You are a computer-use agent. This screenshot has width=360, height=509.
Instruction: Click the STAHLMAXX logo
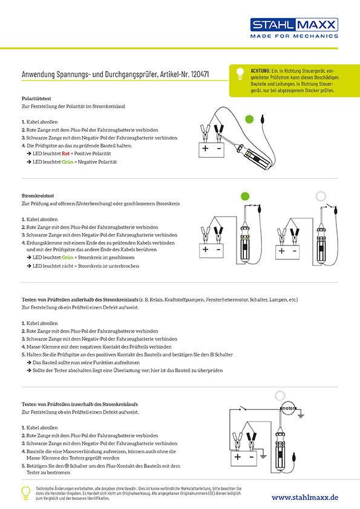(x=294, y=25)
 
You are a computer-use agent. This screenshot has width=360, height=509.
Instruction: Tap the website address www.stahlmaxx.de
(x=305, y=498)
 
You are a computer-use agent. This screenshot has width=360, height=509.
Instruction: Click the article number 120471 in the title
(x=200, y=74)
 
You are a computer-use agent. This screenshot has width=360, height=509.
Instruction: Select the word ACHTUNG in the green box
(x=260, y=71)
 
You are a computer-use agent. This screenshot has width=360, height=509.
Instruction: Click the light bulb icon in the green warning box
(x=240, y=74)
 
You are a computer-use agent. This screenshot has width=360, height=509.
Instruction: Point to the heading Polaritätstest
(x=36, y=99)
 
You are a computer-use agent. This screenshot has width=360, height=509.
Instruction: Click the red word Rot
(x=65, y=154)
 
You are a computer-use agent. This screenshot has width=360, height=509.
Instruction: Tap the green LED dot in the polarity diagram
(x=249, y=119)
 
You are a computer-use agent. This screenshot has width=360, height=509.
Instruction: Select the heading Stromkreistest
(x=38, y=196)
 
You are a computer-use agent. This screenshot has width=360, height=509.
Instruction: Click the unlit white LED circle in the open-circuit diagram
(x=321, y=196)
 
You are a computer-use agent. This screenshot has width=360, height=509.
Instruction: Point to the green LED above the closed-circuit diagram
(x=245, y=196)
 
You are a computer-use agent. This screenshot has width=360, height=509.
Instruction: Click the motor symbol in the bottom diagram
(x=288, y=409)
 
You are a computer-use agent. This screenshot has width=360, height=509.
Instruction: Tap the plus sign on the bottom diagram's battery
(x=238, y=457)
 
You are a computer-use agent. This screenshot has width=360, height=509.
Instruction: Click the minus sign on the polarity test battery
(x=218, y=148)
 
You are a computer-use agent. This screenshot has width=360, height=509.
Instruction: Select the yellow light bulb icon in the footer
(x=25, y=493)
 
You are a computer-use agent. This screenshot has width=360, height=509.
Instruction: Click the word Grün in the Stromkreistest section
(x=68, y=258)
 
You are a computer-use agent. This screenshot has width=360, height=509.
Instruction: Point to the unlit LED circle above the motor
(x=280, y=396)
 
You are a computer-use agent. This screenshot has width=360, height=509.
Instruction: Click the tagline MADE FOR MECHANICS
(x=294, y=36)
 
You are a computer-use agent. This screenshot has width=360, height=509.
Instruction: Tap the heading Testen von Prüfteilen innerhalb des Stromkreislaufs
(x=80, y=404)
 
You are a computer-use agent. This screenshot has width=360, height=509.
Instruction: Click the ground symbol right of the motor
(x=301, y=414)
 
